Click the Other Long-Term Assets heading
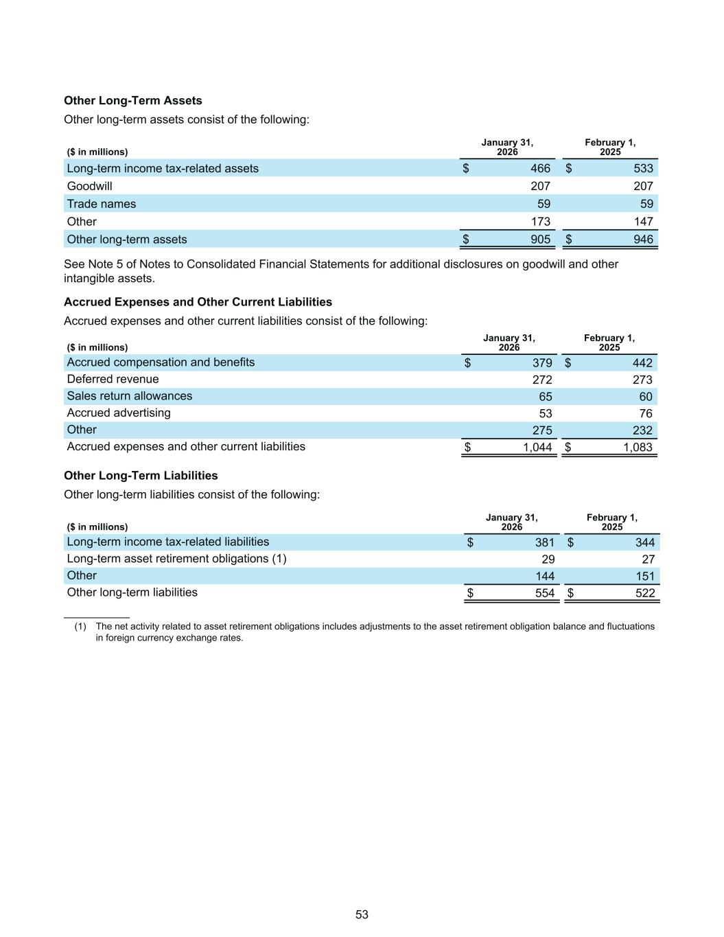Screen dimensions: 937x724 [132, 100]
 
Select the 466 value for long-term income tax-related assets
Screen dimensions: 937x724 [540, 168]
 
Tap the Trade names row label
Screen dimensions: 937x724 [102, 204]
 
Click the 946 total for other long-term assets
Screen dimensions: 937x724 [644, 239]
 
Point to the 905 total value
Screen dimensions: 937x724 [540, 239]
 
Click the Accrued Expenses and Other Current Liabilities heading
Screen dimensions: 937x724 [198, 302]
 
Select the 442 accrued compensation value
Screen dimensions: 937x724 [642, 362]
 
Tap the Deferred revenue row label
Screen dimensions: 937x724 [113, 379]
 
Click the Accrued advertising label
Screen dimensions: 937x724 [119, 413]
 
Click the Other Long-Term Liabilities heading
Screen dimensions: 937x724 [141, 476]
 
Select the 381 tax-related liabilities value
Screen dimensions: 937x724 [545, 542]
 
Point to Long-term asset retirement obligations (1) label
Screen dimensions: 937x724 [176, 559]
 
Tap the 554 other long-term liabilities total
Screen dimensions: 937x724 [545, 593]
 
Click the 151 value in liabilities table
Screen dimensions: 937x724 [645, 576]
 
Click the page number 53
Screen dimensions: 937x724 [362, 914]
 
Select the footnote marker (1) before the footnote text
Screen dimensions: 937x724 [80, 626]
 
